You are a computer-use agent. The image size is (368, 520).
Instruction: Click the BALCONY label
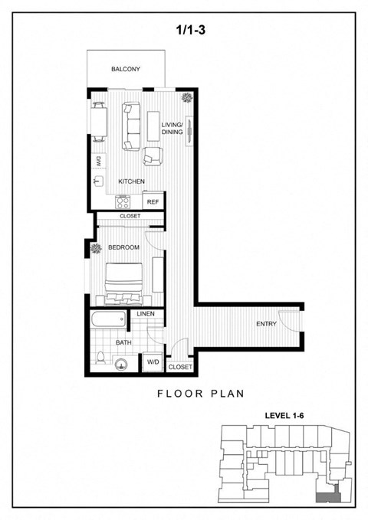point(126,70)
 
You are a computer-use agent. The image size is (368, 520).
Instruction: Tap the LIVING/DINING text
point(172,129)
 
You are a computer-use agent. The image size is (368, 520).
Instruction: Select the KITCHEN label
point(131,182)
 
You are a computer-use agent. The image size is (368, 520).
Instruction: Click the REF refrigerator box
point(153,202)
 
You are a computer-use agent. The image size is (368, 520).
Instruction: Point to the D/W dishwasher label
point(99,161)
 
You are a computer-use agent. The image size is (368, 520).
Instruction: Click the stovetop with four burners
point(124,202)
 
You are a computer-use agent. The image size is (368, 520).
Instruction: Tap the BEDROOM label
point(123,248)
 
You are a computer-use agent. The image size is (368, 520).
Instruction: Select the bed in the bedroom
point(125,283)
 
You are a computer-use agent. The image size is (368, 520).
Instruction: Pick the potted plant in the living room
point(186,98)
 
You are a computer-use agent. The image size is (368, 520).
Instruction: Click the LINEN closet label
point(145,315)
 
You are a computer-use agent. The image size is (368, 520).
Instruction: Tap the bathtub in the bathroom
point(108,319)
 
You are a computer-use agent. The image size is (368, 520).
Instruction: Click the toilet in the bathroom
point(101,358)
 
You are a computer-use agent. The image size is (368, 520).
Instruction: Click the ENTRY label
point(266,325)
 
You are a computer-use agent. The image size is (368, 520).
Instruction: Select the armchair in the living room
point(153,157)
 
